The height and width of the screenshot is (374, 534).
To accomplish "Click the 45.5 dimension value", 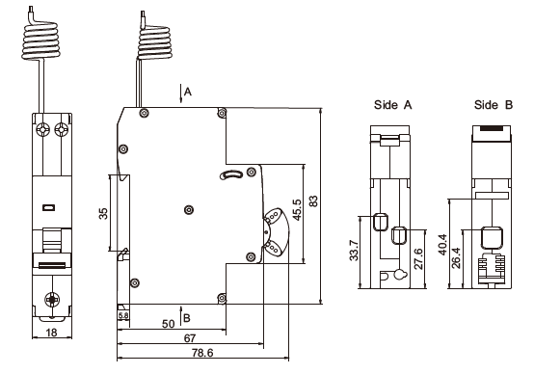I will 296,209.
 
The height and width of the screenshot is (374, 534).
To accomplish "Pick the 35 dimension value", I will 103,213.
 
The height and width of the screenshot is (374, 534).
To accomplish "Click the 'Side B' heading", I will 493,103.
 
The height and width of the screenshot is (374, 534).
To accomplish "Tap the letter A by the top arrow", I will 189,92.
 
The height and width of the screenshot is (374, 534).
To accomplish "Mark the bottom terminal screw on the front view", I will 50,300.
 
